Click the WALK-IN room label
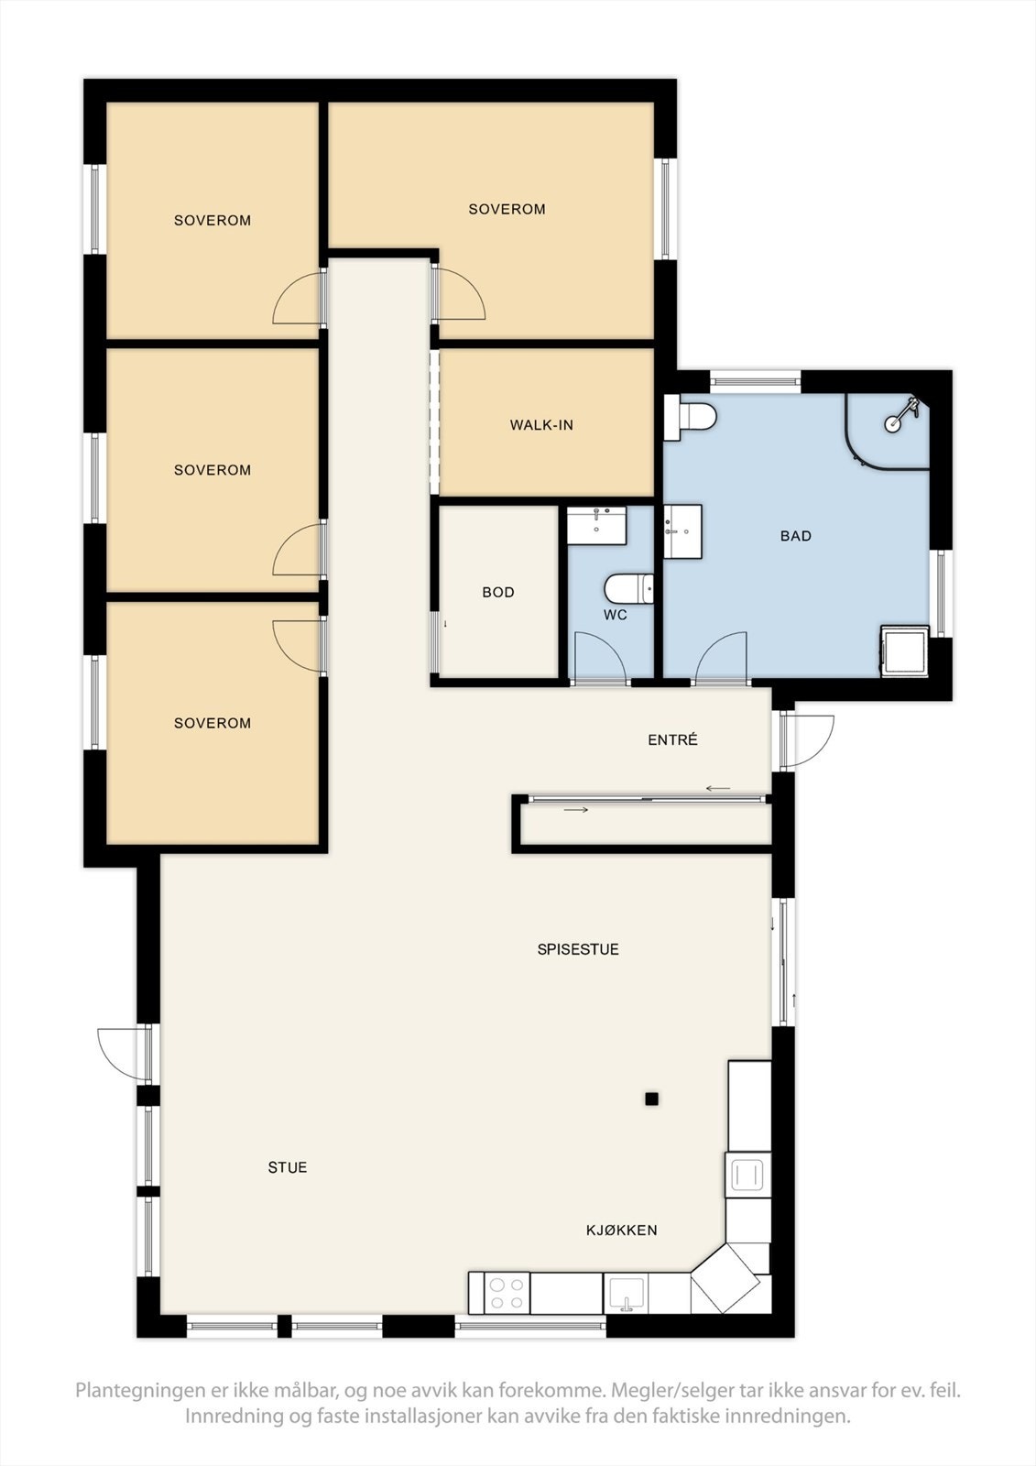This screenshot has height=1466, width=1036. point(541,425)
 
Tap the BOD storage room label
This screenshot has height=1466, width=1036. point(498,592)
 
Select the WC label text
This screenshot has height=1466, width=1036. point(616,615)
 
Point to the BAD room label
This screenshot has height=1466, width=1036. point(796,536)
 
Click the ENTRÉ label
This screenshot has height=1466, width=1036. point(672,739)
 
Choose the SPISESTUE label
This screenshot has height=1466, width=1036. point(578,949)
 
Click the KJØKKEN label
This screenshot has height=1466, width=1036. point(622,1230)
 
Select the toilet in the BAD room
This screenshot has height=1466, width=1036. point(691,417)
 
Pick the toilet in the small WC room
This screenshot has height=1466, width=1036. point(628,588)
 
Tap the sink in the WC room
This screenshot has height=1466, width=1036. point(596,525)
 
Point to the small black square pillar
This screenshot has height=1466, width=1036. point(651,1099)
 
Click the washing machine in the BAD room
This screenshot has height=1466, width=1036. point(905,651)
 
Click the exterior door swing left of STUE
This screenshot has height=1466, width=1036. point(123,1054)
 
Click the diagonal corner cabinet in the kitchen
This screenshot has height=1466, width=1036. point(731,1278)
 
